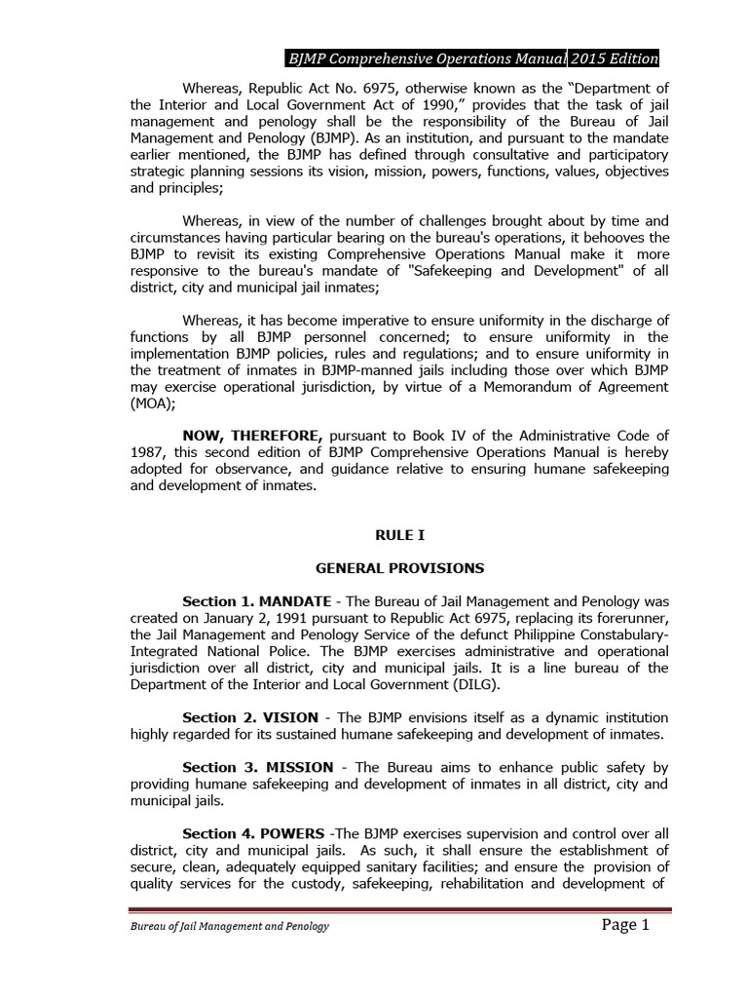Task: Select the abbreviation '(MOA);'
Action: tap(152, 404)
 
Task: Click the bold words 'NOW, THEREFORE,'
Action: tap(256, 434)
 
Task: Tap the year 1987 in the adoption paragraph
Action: tap(147, 451)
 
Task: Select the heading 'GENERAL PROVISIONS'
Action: tap(399, 567)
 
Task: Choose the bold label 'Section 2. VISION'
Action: tap(248, 717)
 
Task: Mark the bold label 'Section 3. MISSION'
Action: tap(257, 766)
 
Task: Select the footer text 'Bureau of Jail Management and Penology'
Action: tap(229, 926)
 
